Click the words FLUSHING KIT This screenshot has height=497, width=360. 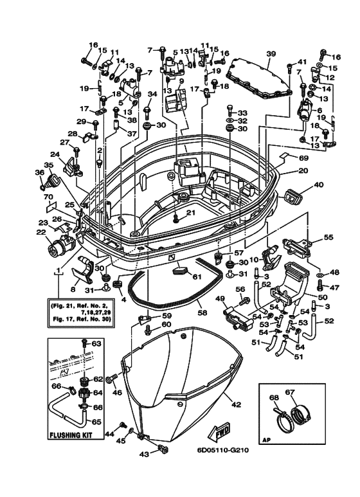pos(71,435)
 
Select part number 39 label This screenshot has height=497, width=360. pos(271,54)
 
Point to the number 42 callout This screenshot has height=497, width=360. pos(236,404)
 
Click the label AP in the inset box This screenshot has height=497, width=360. pos(267,440)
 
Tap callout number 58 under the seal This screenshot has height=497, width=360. pos(203,313)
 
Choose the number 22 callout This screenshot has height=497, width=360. pos(41,232)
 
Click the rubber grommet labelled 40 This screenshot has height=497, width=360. pos(293,197)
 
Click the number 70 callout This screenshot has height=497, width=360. pos(48,197)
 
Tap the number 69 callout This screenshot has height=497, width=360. pos(303,158)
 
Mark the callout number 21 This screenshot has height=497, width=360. pos(190,213)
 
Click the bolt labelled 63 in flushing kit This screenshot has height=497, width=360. pos(84,343)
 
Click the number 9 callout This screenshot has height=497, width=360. pos(181,81)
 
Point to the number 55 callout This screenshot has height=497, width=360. pos(328,237)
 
